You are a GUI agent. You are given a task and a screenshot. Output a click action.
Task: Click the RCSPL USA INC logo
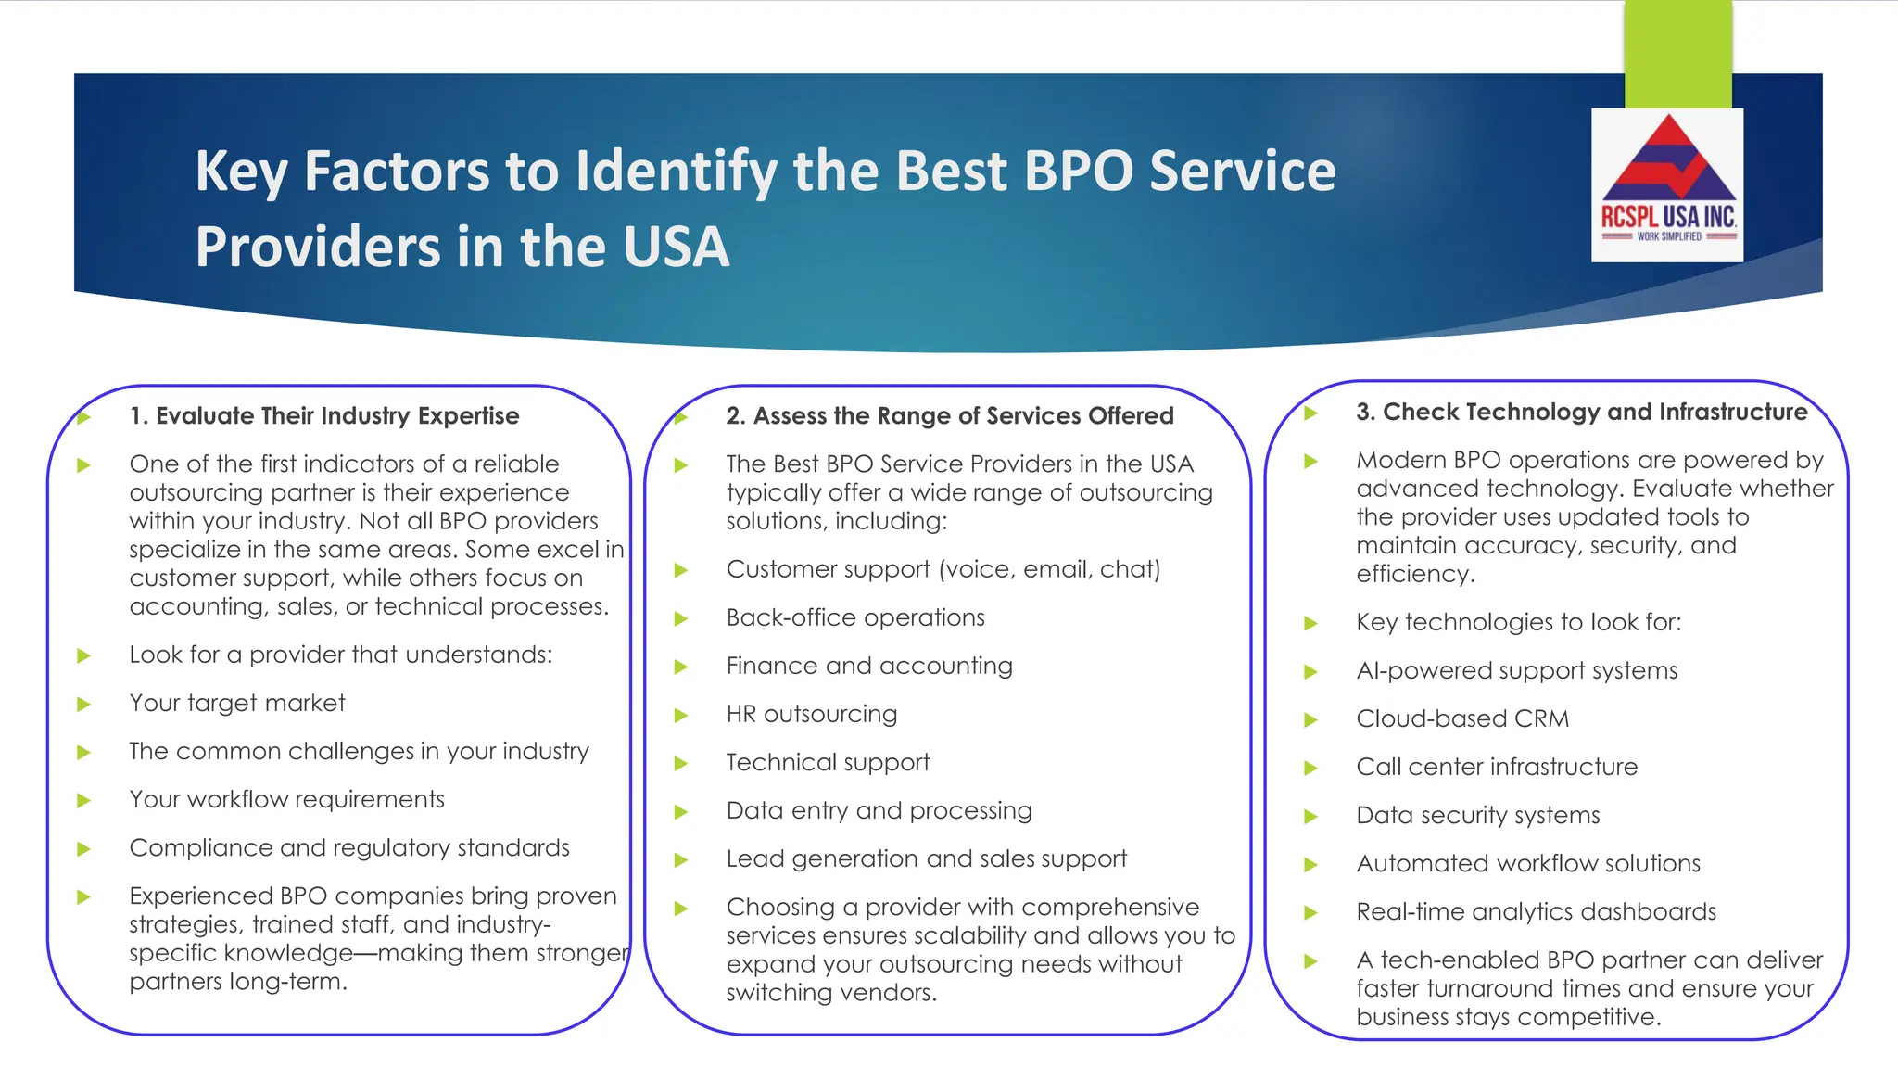point(1667,184)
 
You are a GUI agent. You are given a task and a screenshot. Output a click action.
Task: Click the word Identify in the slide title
point(675,172)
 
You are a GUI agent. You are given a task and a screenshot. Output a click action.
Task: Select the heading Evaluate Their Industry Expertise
point(324,416)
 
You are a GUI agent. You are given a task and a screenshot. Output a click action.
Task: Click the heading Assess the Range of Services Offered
point(950,416)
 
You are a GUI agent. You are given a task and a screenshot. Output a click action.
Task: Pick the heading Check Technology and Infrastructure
point(1581,413)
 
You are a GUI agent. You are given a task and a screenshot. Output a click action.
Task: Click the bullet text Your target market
point(237,704)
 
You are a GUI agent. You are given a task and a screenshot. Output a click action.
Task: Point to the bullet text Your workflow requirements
point(287,800)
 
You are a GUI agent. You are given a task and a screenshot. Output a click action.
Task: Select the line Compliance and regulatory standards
point(349,848)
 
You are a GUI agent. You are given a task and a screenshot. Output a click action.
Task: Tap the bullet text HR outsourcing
point(812,715)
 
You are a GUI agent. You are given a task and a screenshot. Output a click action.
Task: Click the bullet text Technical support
point(828,763)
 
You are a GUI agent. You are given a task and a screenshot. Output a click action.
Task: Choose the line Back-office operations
point(855,618)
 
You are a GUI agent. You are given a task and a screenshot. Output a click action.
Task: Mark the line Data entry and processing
point(879,811)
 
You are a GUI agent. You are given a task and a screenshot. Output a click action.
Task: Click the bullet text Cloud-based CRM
point(1462,719)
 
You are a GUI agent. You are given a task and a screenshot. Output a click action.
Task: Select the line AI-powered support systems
point(1517,671)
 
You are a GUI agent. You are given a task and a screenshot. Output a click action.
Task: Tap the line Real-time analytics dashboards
point(1536,912)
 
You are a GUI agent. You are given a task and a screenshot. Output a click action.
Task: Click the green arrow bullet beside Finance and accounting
point(681,667)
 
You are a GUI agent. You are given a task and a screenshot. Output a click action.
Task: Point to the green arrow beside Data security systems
point(1310,817)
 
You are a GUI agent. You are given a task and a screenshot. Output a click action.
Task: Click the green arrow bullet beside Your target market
point(83,705)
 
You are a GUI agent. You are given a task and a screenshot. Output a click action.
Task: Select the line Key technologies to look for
point(1518,622)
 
